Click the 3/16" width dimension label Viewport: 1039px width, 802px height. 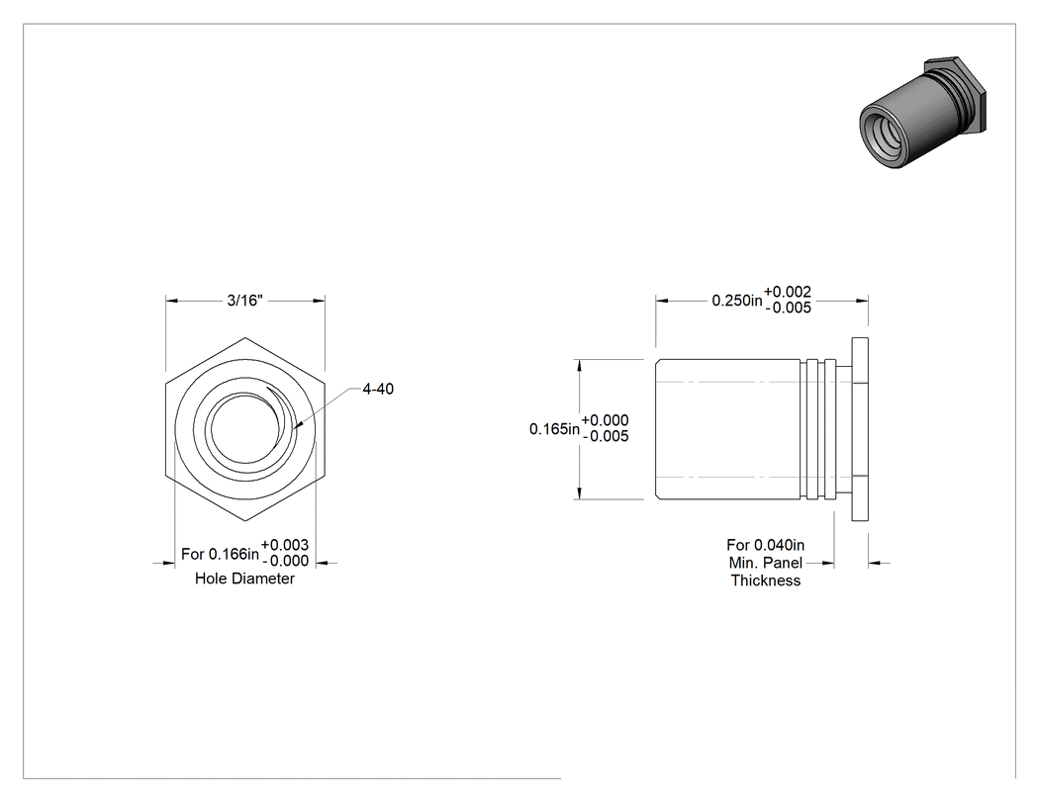tap(244, 301)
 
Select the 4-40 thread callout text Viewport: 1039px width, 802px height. tap(378, 389)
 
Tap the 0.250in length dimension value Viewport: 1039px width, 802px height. tap(737, 301)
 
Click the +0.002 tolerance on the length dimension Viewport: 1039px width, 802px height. tap(788, 292)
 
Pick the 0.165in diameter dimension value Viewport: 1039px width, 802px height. tap(554, 429)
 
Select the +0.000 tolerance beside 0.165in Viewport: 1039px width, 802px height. tap(605, 420)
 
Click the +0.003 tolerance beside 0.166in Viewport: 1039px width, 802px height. tap(285, 545)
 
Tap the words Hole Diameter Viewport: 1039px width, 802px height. tap(244, 579)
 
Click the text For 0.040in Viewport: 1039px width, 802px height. tap(765, 545)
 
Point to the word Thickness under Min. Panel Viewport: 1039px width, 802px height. tap(765, 580)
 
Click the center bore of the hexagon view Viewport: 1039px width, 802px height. tap(244, 428)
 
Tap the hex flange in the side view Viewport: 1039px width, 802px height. tap(860, 429)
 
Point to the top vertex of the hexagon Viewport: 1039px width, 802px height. tap(245, 337)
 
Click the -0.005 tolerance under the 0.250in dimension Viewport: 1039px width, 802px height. tap(789, 308)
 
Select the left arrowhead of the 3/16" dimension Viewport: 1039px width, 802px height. tap(172, 301)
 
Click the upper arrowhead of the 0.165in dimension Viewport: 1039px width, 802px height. tap(580, 366)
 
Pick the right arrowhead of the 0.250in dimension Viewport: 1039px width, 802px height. tap(862, 301)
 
